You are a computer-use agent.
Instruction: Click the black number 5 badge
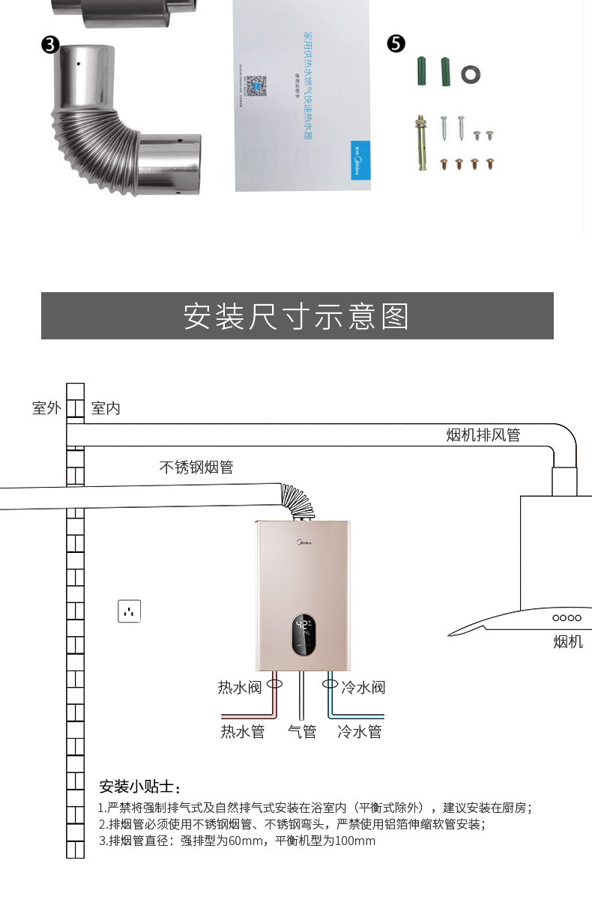(396, 43)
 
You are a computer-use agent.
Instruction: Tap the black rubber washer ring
(471, 73)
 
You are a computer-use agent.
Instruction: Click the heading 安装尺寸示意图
(297, 316)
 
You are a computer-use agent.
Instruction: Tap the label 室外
(46, 408)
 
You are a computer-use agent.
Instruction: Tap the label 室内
(106, 408)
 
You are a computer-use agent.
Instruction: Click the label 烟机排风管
(483, 435)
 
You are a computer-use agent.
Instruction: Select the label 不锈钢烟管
(196, 467)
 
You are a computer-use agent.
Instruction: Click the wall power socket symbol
(129, 611)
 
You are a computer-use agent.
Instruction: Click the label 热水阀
(240, 687)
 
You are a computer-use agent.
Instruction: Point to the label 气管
(302, 732)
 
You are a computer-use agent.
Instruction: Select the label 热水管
(243, 732)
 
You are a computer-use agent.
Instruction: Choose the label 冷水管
(360, 732)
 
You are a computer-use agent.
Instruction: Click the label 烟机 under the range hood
(567, 642)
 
